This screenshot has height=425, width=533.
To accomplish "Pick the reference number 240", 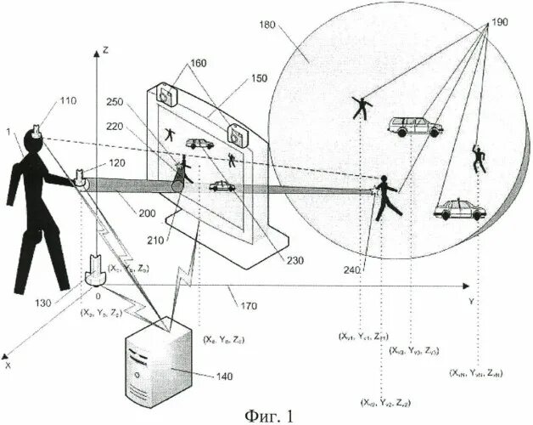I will click(x=352, y=270).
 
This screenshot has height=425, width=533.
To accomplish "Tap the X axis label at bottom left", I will click(x=8, y=365).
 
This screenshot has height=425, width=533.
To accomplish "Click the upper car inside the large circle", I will click(x=415, y=127).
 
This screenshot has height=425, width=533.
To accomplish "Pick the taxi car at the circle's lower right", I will click(x=458, y=209).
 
